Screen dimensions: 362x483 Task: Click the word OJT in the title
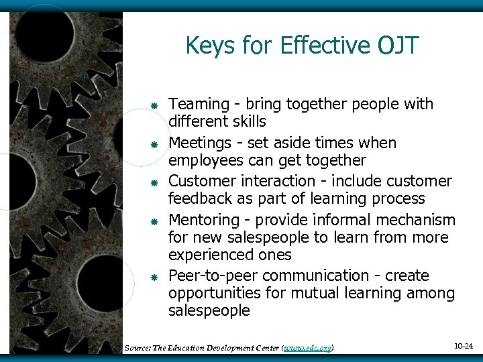(398, 46)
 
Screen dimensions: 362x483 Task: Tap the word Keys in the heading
(209, 46)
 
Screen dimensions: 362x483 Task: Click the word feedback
(199, 199)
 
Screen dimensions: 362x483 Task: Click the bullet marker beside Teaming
(154, 106)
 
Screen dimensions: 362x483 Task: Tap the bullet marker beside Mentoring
(154, 221)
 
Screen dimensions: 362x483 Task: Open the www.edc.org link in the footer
(308, 348)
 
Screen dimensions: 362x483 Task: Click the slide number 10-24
(463, 347)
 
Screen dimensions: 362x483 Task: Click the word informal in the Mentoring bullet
(316, 221)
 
